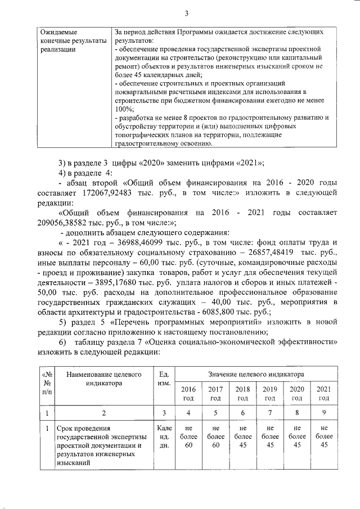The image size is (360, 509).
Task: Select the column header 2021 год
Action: (324, 394)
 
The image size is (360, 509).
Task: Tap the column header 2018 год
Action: (242, 394)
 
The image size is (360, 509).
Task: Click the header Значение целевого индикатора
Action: (256, 374)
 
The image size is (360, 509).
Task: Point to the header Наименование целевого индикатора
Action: (104, 378)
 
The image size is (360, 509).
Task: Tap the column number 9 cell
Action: (324, 413)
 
